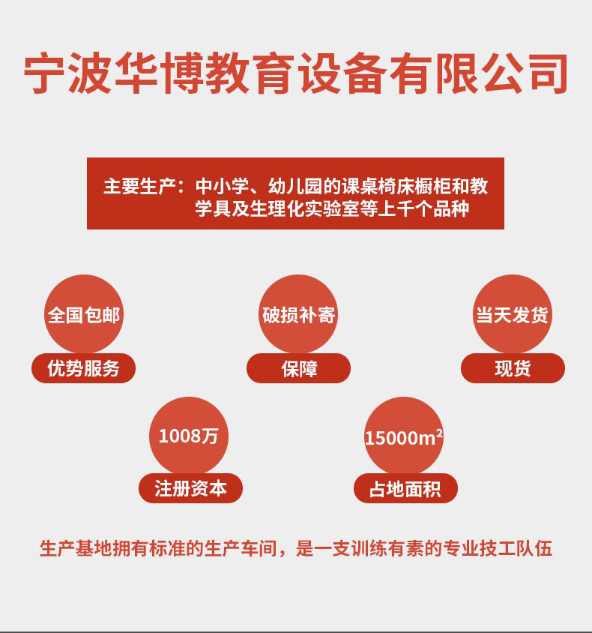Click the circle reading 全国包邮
(84, 314)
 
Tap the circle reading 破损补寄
(298, 314)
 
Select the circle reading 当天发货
(513, 314)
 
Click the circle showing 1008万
(189, 436)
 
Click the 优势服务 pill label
(83, 368)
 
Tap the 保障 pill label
(299, 368)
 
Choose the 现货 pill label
(513, 368)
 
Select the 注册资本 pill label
(190, 489)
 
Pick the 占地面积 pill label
(405, 489)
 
